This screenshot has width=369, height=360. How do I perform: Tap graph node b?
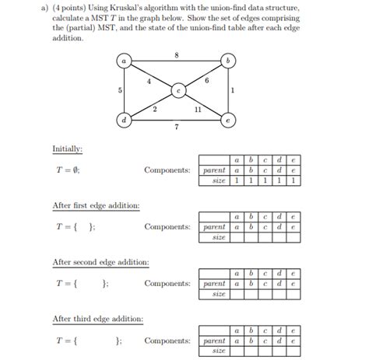point(227,61)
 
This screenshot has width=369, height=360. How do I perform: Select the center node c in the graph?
point(178,90)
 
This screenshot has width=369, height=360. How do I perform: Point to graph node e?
point(227,121)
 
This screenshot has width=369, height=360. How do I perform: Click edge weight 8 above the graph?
point(177,54)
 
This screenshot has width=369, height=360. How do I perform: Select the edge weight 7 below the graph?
point(177,127)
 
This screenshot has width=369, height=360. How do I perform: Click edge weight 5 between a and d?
point(119,90)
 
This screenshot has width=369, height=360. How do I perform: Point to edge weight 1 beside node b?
point(234,90)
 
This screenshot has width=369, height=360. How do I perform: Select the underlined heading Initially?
point(67,148)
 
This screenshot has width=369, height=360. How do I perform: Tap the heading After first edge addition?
point(96,206)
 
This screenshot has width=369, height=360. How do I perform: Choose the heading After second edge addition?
point(100,263)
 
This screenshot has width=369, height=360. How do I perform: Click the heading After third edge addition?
point(97,320)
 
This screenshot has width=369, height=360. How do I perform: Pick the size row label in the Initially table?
point(219,180)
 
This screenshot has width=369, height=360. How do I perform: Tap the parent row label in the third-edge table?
point(213,341)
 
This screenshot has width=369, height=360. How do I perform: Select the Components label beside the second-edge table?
point(167,284)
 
